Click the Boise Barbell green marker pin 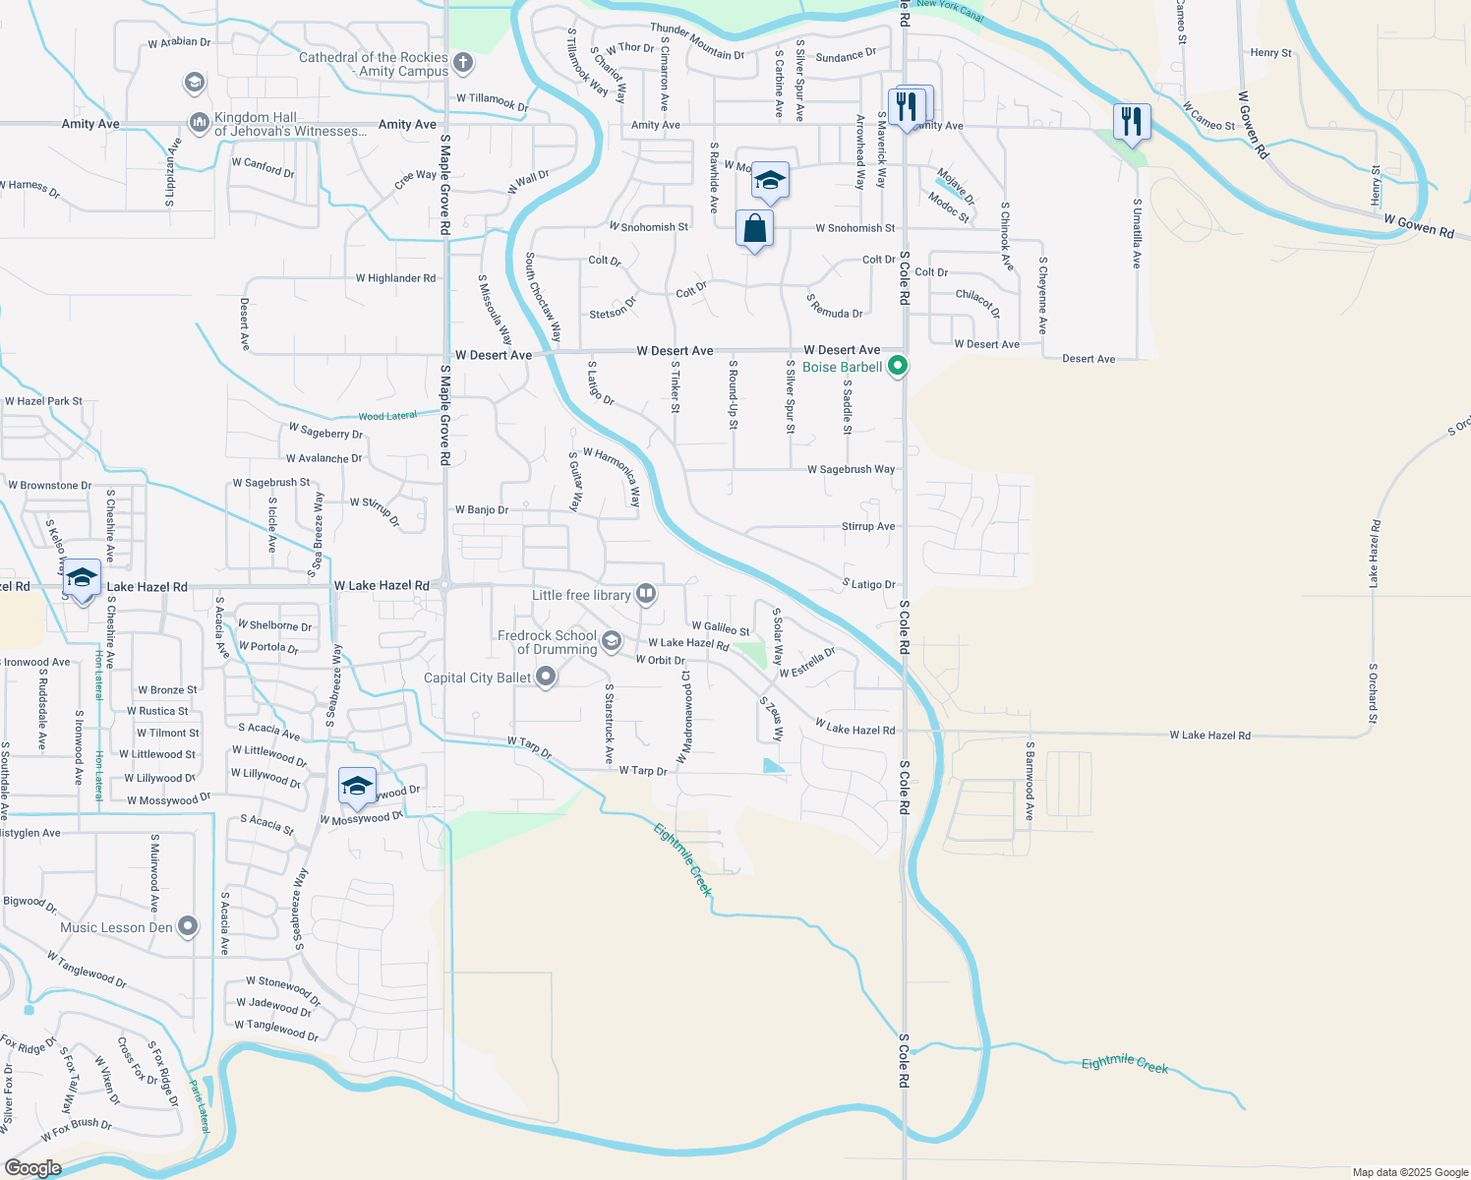click(x=897, y=367)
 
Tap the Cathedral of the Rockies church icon click(x=463, y=64)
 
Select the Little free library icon click(x=646, y=593)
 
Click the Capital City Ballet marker click(x=547, y=677)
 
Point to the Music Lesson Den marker click(x=188, y=926)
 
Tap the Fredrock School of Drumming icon click(x=611, y=642)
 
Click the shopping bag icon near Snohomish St click(x=754, y=229)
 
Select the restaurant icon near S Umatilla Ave click(x=1132, y=122)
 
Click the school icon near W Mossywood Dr click(x=357, y=786)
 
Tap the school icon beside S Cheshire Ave click(x=82, y=577)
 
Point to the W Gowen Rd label click(x=1418, y=226)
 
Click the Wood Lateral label click(x=387, y=416)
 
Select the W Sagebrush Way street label click(x=851, y=470)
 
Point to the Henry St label click(x=1270, y=53)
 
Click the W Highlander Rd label click(x=395, y=278)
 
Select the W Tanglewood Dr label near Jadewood click(x=276, y=1030)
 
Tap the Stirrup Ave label click(x=868, y=527)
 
